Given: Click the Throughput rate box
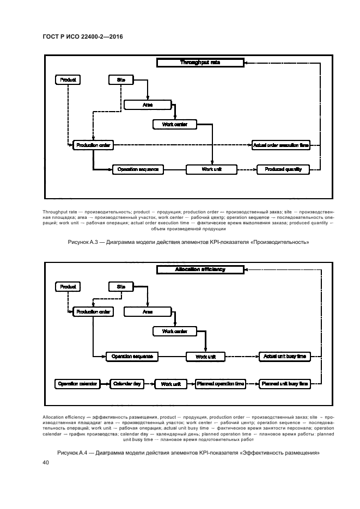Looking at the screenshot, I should (199, 63).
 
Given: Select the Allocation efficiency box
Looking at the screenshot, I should (199, 269).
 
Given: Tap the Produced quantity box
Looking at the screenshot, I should (283, 169).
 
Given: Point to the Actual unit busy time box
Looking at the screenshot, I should (285, 357).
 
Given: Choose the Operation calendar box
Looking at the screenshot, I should (77, 384).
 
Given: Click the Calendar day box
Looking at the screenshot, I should (127, 384).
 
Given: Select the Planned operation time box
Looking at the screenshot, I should (221, 384).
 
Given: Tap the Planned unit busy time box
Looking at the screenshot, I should (285, 384).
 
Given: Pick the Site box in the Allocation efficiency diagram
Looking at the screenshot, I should (121, 286).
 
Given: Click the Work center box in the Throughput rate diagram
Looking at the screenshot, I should (175, 125).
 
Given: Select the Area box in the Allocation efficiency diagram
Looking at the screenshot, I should (147, 312).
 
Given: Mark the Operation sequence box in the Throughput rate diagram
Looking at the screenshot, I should (138, 169).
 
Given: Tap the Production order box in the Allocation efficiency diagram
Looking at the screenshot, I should (94, 312).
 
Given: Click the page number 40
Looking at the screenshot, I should (45, 463).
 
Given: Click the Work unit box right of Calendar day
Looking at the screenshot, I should (170, 384).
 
